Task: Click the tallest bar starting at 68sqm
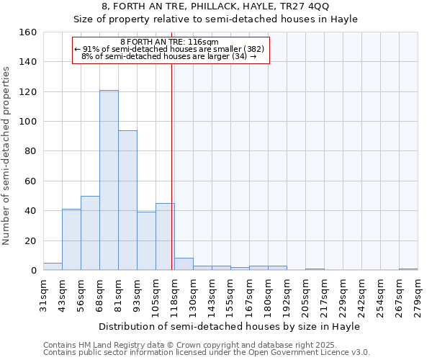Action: [109, 180]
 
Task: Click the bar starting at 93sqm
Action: [146, 241]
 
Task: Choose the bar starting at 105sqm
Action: [165, 237]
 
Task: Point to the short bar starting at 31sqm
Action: [53, 266]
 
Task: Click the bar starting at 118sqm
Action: [184, 264]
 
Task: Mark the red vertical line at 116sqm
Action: [171, 166]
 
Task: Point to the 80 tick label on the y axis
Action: [30, 151]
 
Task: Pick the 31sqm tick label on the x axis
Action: [43, 294]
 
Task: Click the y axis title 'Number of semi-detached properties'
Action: [7, 151]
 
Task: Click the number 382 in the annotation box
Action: [256, 49]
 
